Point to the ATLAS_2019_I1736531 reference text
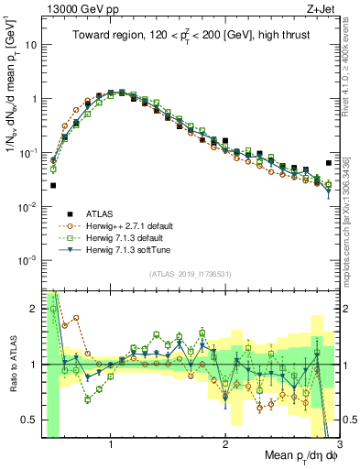[x=189, y=274]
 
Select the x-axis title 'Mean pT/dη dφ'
[x=300, y=455]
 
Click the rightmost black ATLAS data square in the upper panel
[x=329, y=163]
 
